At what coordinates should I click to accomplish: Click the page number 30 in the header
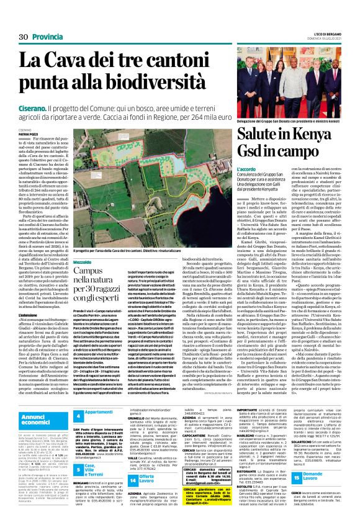pyautogui.click(x=23, y=37)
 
